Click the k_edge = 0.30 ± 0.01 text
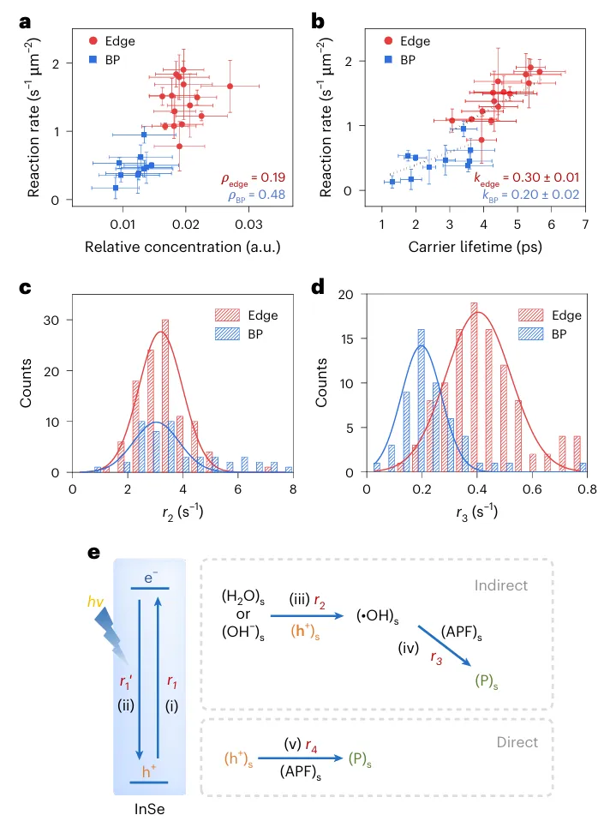(526, 177)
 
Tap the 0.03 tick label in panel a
(249, 225)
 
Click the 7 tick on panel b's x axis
(584, 225)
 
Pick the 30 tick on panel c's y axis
(53, 321)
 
